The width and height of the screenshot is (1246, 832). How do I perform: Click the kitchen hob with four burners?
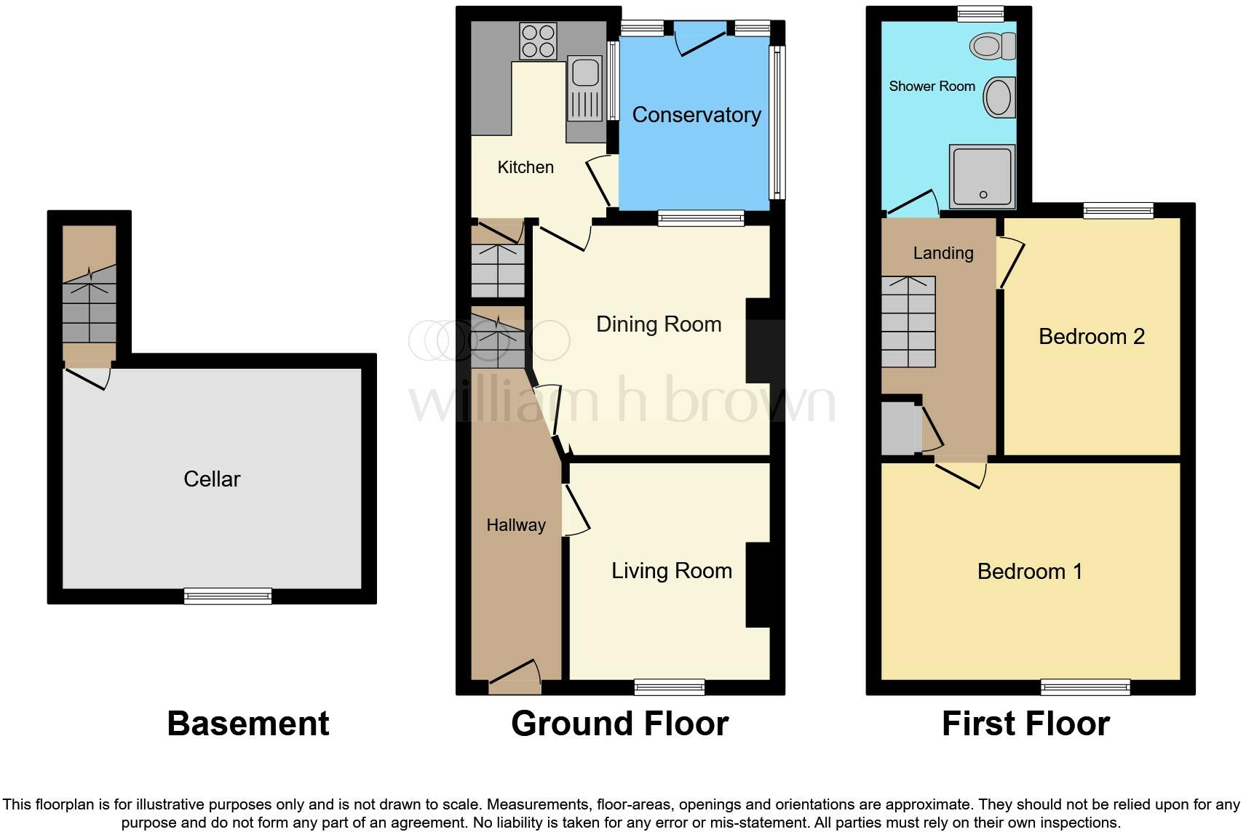click(538, 41)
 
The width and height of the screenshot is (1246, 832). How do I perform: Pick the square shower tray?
click(982, 175)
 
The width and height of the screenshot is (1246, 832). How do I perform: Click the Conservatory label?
click(697, 114)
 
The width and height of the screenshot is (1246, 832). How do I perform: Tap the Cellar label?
click(212, 479)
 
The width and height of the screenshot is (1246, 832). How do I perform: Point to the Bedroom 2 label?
click(1091, 336)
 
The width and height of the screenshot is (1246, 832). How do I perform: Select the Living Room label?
click(671, 571)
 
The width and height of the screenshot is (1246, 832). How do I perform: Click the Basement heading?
click(248, 724)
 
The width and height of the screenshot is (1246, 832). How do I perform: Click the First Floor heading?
click(1025, 724)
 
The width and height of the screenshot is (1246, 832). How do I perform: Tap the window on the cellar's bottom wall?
click(228, 596)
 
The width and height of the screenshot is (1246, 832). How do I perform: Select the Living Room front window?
click(669, 687)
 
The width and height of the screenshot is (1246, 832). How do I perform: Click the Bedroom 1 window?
click(1085, 687)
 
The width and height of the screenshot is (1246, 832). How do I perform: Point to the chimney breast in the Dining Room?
click(757, 340)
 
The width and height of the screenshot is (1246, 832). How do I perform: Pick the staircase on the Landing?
click(908, 321)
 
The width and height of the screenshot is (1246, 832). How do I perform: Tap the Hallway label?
click(516, 525)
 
